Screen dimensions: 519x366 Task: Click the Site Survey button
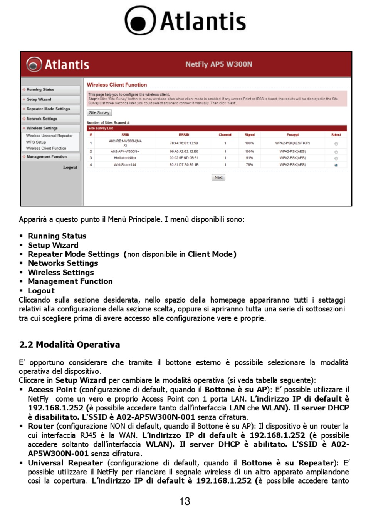click(99, 113)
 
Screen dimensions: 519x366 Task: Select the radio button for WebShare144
click(336, 165)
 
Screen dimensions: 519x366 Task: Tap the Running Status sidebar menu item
click(40, 90)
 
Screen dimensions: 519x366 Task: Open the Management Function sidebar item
click(47, 157)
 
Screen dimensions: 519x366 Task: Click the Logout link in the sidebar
click(70, 167)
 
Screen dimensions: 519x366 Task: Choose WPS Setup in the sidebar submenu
click(36, 142)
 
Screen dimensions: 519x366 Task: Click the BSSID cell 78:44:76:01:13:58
click(184, 143)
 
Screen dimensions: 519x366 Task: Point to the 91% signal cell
click(249, 158)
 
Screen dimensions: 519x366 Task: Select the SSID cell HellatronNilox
click(125, 158)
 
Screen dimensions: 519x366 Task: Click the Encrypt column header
click(292, 135)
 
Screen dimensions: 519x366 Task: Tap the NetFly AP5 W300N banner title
click(219, 64)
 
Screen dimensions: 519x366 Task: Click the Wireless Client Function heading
click(117, 85)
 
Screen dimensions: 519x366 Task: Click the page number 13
click(185, 501)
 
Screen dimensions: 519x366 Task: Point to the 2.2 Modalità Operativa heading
click(70, 345)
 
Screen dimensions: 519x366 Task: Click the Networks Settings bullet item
click(63, 263)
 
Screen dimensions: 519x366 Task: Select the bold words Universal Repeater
click(65, 463)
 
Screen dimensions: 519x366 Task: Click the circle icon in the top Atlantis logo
click(140, 21)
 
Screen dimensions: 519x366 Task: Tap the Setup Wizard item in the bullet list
click(53, 245)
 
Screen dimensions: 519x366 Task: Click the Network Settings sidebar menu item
click(42, 119)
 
